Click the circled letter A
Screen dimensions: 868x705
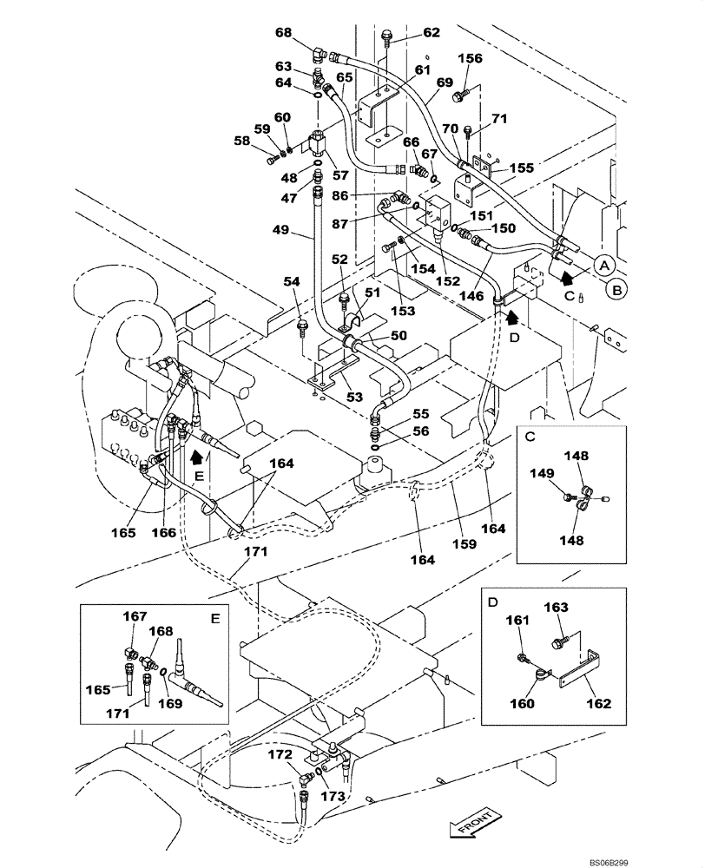tap(604, 266)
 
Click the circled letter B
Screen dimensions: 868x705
tap(615, 291)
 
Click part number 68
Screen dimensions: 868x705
tap(283, 33)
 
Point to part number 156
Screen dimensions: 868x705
tap(470, 59)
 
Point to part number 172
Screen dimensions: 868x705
tap(279, 755)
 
